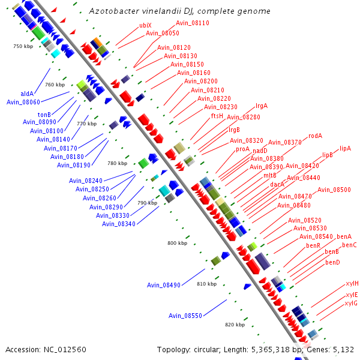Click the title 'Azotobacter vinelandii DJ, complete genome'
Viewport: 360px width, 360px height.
[x=179, y=11]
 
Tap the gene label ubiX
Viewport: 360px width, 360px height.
[x=145, y=25]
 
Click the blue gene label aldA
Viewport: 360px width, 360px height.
[x=27, y=94]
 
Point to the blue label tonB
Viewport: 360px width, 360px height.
[x=44, y=114]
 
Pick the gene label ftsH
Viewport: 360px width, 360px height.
[x=217, y=116]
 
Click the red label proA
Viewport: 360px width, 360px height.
[x=242, y=149]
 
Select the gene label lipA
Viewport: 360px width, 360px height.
[x=345, y=148]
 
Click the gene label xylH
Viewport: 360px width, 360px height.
[x=352, y=283]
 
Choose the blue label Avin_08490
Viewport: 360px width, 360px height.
[x=163, y=285]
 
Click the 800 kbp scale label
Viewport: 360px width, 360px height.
[x=177, y=243]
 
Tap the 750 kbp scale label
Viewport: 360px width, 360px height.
[x=23, y=46]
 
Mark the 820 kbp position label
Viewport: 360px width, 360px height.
[x=235, y=325]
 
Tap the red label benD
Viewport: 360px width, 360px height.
[x=332, y=262]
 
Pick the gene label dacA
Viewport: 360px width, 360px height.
[x=277, y=184]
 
